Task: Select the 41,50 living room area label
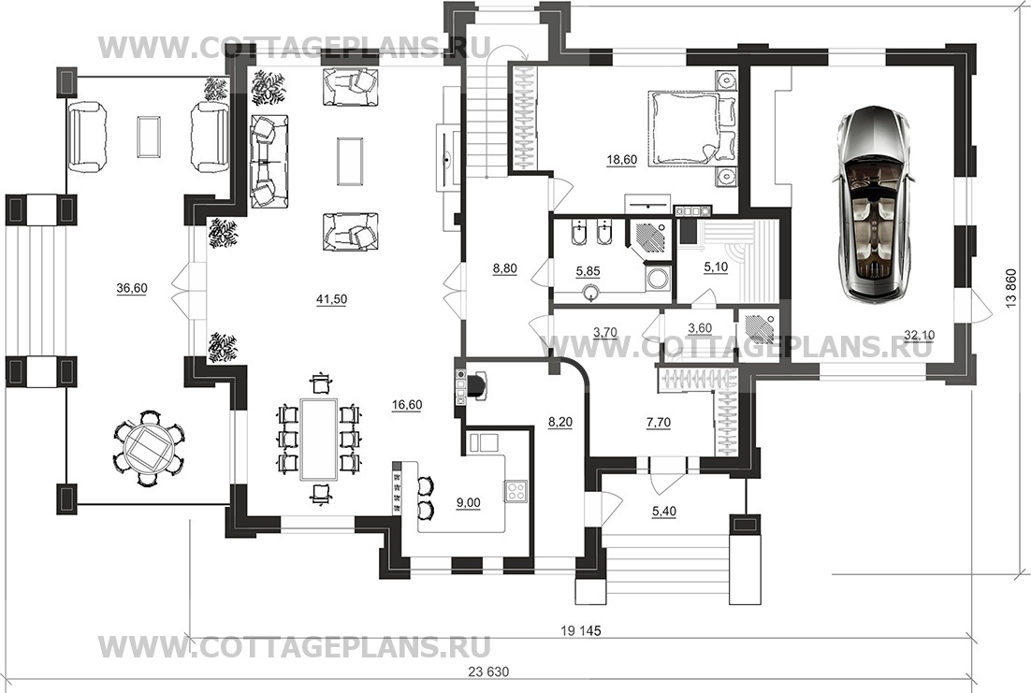[331, 299]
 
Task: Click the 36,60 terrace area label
[132, 288]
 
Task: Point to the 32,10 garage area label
[920, 336]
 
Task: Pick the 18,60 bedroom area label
[621, 159]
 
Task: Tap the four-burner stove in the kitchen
[516, 491]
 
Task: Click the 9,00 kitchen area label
[468, 503]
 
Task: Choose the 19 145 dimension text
[581, 631]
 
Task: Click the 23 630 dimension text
[488, 672]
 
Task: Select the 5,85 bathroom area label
[588, 271]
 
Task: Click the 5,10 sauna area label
[716, 267]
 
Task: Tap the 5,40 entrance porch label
[664, 512]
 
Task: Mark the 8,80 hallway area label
[505, 268]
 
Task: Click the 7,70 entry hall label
[659, 423]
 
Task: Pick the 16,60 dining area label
[406, 405]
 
